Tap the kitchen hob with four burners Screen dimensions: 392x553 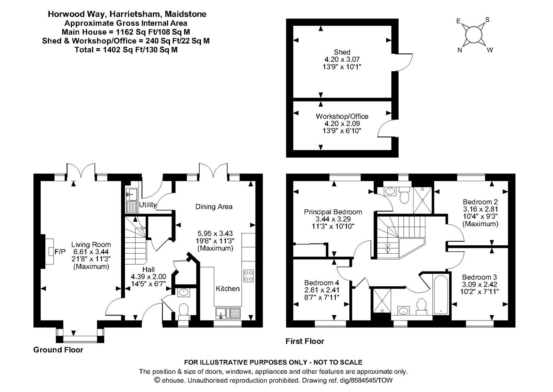click(249, 275)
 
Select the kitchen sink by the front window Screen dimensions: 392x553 click(228, 313)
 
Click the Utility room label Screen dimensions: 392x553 click(148, 205)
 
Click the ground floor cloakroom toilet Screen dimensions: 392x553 click(184, 311)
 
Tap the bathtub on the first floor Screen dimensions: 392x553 click(441, 294)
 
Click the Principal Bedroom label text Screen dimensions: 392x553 click(333, 212)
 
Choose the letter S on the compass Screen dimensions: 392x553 click(487, 20)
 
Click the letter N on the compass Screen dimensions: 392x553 click(460, 50)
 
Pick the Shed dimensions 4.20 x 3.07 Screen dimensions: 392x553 click(342, 59)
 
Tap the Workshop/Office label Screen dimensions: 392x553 click(342, 117)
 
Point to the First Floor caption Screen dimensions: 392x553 click(305, 341)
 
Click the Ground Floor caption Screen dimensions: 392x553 click(58, 350)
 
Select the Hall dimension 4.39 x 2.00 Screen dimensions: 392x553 click(148, 277)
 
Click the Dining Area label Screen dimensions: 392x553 click(214, 207)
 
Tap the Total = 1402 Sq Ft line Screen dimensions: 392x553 click(126, 50)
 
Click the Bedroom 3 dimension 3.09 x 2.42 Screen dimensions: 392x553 click(479, 285)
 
